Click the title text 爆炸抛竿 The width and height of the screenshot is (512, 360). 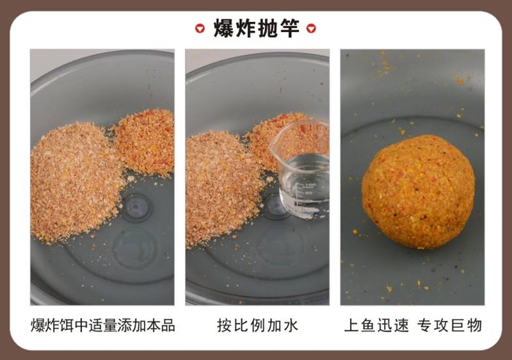coord(255,29)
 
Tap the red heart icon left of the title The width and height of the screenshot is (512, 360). coord(200,29)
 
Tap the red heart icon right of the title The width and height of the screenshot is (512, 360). coord(311,29)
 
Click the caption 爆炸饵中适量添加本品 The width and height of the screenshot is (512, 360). coord(102,325)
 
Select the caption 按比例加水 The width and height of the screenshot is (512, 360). coord(257,325)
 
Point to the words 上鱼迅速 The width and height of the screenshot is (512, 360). coord(376,325)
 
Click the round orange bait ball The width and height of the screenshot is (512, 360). coord(418,191)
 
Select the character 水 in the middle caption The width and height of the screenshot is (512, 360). coord(290,325)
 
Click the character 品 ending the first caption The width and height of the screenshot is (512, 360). coord(168,325)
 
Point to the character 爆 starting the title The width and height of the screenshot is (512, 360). coord(223,29)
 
